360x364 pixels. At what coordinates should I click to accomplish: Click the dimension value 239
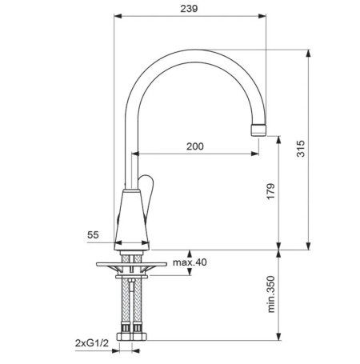click(189, 9)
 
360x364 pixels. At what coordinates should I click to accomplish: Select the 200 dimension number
click(195, 146)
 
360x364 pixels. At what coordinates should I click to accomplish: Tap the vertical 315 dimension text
click(301, 149)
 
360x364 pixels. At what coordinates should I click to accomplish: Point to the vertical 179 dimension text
click(270, 191)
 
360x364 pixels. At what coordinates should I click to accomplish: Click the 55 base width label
click(93, 235)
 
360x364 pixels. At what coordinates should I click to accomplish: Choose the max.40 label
click(190, 262)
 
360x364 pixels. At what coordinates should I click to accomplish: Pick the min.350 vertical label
click(271, 294)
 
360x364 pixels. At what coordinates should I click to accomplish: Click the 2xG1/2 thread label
click(92, 343)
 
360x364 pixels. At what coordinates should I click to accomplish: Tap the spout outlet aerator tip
click(258, 130)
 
